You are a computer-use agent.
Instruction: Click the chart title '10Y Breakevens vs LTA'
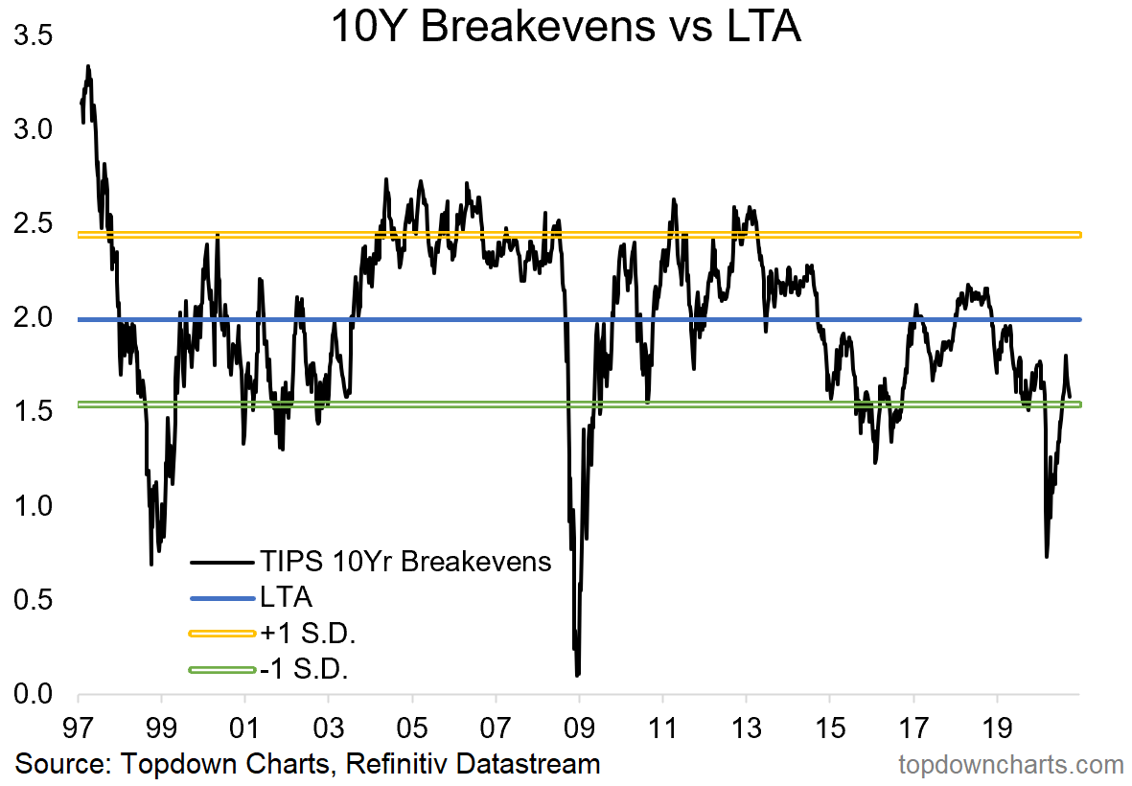click(x=566, y=27)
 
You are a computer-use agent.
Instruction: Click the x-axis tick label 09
click(x=579, y=719)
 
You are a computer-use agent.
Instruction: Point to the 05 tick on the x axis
click(x=412, y=719)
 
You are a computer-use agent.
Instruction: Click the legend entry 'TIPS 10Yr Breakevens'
click(x=405, y=562)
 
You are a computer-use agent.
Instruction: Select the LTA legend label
click(x=286, y=598)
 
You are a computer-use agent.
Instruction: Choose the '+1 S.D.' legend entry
click(x=300, y=634)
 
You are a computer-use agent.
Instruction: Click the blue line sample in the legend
click(x=223, y=598)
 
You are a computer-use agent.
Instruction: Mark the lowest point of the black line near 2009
click(x=578, y=675)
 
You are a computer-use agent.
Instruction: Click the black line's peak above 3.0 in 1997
click(x=88, y=66)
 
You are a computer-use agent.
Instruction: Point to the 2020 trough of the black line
click(x=1047, y=556)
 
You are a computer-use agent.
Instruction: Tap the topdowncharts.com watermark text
click(x=1010, y=765)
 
